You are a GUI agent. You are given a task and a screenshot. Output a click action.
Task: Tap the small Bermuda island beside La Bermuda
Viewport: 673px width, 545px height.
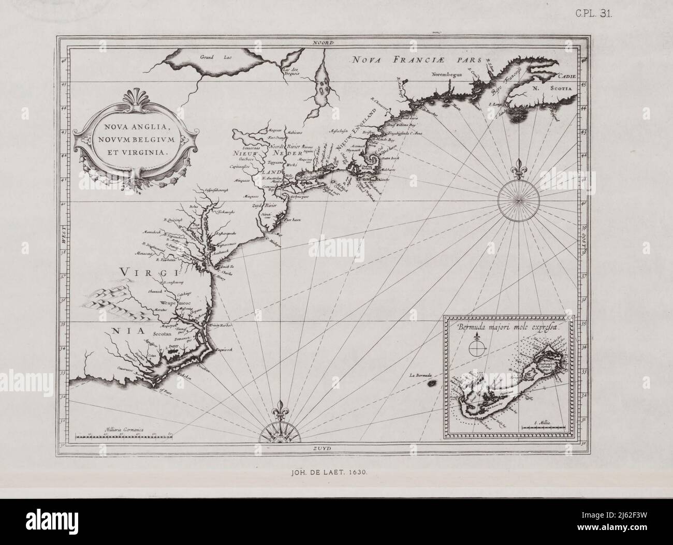[431, 384]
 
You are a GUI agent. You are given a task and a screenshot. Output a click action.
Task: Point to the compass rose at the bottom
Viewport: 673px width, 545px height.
[281, 425]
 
